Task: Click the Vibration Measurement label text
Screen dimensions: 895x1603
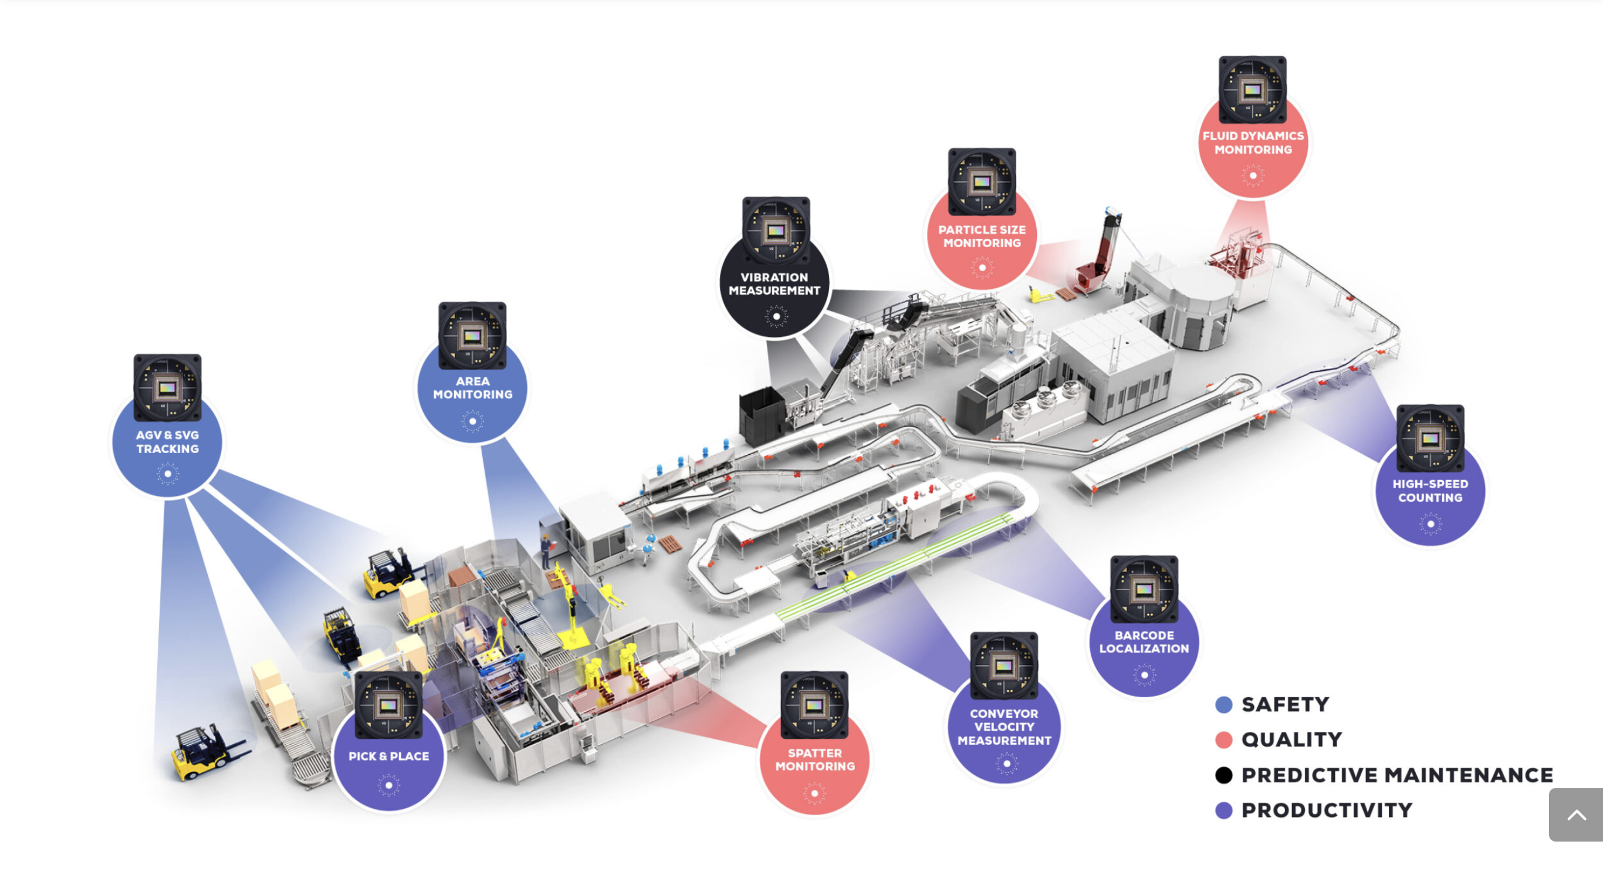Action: tap(774, 284)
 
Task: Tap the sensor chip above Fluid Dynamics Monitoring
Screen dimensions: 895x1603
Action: tap(1252, 90)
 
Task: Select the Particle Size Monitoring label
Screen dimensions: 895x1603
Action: tap(982, 237)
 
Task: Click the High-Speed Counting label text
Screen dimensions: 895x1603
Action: tap(1430, 491)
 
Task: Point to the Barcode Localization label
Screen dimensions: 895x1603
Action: tap(1144, 641)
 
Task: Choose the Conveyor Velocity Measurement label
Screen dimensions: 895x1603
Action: tap(1004, 727)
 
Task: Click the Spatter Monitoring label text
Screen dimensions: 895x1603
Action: tap(814, 759)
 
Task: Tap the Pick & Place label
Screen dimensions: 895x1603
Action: tap(388, 756)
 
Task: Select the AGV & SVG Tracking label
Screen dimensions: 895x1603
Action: tap(167, 442)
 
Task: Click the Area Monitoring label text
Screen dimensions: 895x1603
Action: tap(472, 388)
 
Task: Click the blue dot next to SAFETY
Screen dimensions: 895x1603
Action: tap(1223, 704)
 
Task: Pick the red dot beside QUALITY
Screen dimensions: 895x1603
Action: tap(1223, 739)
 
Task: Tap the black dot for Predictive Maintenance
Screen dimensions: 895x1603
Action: tap(1223, 775)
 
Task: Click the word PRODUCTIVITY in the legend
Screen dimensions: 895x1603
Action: tap(1327, 810)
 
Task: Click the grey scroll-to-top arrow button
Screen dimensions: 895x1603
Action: tap(1575, 815)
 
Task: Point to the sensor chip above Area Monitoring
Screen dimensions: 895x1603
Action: tap(472, 336)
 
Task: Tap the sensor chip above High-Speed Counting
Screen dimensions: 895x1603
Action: tap(1430, 438)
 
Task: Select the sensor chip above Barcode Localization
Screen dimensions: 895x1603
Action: tap(1144, 589)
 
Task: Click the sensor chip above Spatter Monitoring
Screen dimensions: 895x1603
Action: tap(814, 705)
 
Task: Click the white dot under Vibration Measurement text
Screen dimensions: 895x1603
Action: tap(776, 316)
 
